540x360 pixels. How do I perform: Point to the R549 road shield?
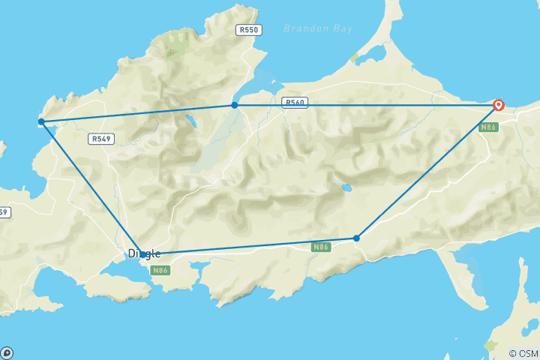[x=100, y=139]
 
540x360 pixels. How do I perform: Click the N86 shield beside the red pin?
[x=489, y=127]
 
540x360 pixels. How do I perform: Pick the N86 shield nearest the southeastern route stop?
[x=321, y=247]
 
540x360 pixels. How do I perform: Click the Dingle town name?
[x=144, y=253]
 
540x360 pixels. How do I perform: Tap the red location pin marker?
[x=498, y=106]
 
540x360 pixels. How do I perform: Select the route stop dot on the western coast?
[x=41, y=121]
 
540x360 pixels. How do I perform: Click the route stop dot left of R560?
[x=235, y=105]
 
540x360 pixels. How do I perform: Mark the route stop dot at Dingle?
[x=142, y=254]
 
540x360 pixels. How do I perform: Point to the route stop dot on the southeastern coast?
[x=356, y=238]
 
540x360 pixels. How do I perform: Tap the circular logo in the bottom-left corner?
[x=7, y=352]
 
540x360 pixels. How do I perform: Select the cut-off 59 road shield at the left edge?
[x=4, y=212]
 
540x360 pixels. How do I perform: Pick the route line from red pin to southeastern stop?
[x=427, y=172]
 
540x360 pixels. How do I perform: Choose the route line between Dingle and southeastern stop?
[x=247, y=247]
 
